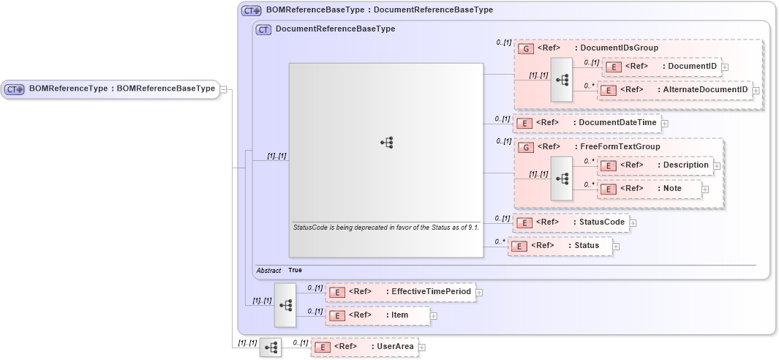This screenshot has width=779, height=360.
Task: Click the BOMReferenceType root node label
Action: click(x=121, y=89)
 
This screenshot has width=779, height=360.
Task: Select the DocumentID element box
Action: click(x=661, y=67)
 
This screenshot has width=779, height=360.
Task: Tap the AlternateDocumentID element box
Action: click(x=674, y=90)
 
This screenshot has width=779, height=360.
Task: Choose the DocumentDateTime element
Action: click(x=586, y=123)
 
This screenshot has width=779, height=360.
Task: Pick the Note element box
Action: click(x=650, y=189)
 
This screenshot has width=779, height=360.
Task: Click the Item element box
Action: click(x=377, y=315)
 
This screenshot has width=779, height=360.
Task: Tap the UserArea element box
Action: click(x=364, y=346)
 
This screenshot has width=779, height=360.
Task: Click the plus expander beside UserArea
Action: click(x=422, y=347)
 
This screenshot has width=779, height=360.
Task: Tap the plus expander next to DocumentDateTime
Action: click(x=665, y=123)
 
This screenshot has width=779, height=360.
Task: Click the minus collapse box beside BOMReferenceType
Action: click(x=224, y=89)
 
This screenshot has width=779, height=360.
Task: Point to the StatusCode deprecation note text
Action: click(x=385, y=228)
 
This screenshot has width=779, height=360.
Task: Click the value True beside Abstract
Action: click(x=295, y=270)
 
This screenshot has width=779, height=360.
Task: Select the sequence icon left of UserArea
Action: click(x=271, y=347)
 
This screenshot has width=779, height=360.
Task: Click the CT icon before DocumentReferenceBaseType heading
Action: click(x=263, y=29)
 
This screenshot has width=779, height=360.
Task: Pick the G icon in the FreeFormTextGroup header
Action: click(x=524, y=147)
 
